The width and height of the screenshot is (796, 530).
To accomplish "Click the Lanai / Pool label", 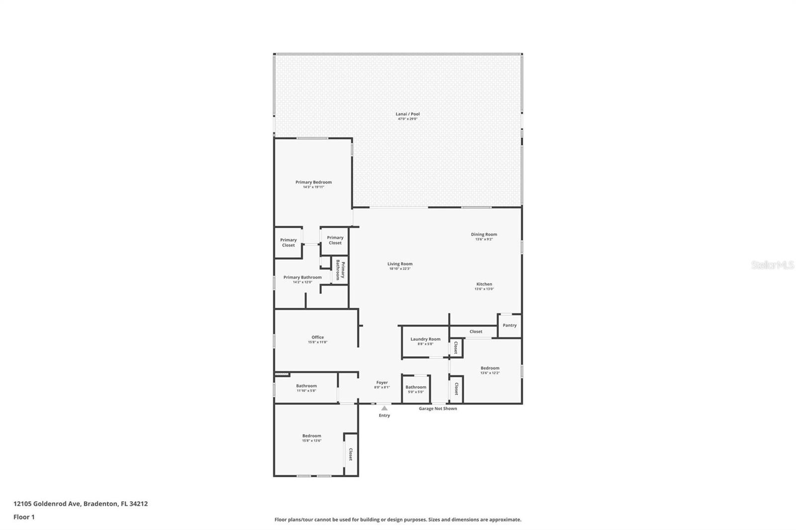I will pos(407,114).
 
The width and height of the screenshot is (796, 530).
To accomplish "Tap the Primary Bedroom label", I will pos(313,182).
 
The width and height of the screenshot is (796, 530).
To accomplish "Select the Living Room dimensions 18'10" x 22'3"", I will pos(400,269).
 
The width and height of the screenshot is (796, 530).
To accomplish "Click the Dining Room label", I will pos(484,234).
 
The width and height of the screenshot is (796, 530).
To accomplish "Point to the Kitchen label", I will pos(484,284).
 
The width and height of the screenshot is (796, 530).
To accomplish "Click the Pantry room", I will pos(509,325).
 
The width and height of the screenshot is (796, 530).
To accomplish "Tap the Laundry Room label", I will pos(425,339).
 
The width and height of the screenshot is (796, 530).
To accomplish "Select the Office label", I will pos(317,337).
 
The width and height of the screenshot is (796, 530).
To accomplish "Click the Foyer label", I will pos(382,382).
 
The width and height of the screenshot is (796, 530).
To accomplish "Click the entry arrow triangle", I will pos(384,408).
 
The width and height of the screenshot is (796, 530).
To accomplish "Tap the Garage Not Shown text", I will pos(438,409).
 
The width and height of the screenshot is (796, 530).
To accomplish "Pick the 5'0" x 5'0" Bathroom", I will pos(416,389).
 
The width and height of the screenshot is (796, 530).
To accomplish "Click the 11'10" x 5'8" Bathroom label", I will pos(306,386).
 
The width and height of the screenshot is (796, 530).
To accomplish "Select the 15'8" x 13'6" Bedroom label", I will pos(312,436).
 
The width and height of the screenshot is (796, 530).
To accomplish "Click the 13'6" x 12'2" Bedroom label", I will pos(490,368).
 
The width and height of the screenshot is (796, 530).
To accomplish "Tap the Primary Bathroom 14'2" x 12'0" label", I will pos(302,277).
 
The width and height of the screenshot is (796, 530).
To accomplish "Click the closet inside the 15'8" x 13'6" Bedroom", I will pos(351,454).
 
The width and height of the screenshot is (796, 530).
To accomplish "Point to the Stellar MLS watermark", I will pos(772,265).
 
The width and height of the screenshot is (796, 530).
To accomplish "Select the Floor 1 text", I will pos(24,517).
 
